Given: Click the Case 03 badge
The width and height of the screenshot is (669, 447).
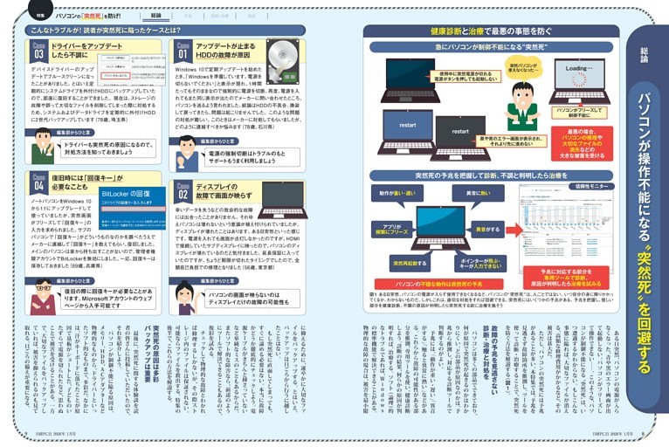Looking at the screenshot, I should [37, 51].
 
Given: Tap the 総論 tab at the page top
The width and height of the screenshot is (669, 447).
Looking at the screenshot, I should [156, 15].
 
